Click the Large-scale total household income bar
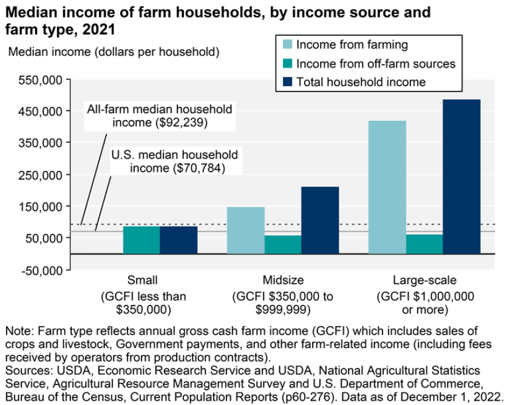click(x=461, y=176)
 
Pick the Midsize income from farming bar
click(x=245, y=230)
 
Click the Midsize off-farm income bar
click(x=282, y=244)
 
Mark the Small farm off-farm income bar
click(x=141, y=239)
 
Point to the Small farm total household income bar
click(x=178, y=239)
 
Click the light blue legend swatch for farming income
click(x=286, y=45)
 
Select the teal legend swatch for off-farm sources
click(x=286, y=64)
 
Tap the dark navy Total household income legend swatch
click(x=286, y=82)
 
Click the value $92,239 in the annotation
click(x=183, y=122)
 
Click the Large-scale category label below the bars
click(x=424, y=280)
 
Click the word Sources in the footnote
click(x=25, y=370)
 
